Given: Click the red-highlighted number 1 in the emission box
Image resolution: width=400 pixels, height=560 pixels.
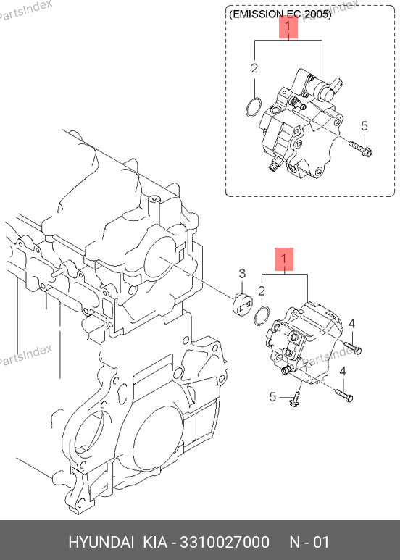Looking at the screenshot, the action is [x=288, y=26].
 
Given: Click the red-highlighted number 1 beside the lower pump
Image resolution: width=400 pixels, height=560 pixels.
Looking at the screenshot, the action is [x=284, y=259].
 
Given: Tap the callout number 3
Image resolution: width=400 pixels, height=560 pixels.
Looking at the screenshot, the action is [x=242, y=274].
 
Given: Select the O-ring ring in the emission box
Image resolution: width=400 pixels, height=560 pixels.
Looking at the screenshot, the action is [x=254, y=107].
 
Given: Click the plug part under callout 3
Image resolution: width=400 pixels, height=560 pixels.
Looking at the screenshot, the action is [x=242, y=304].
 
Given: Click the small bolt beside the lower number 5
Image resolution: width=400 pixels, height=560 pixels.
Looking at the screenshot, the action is [x=295, y=400].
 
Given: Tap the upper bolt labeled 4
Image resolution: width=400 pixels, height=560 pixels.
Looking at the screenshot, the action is [x=352, y=348].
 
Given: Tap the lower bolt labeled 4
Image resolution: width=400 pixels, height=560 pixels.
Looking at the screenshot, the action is [x=343, y=395].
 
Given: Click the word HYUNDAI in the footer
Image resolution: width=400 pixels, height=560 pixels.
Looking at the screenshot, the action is [x=101, y=542].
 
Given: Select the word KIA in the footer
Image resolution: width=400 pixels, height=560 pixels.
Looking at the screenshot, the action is [x=155, y=542].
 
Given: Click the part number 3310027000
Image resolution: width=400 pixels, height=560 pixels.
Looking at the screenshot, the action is [x=225, y=542].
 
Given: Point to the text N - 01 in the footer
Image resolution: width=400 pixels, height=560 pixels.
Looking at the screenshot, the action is [x=309, y=542].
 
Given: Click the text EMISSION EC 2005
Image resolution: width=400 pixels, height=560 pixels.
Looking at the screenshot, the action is [x=280, y=14].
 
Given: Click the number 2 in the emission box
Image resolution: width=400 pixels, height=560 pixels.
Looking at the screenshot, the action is [x=254, y=68].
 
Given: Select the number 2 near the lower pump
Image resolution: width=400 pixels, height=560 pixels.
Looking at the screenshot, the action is [x=262, y=291].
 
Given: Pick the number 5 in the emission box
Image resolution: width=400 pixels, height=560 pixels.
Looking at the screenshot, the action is [x=364, y=126].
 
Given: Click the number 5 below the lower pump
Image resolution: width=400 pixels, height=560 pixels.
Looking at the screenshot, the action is [x=273, y=397].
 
